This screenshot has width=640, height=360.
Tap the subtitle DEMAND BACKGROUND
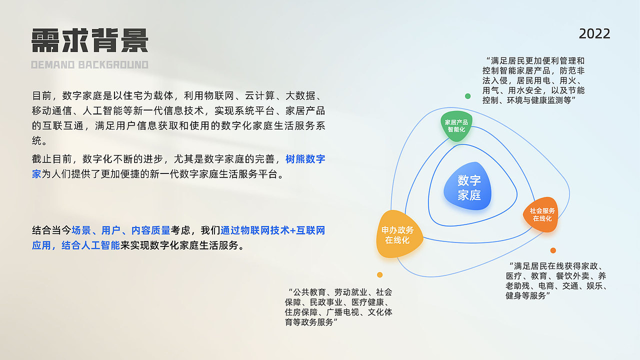point(90,65)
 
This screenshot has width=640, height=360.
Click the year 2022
point(594,34)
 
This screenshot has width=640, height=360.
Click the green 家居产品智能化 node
point(456,126)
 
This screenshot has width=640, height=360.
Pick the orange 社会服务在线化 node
point(542,214)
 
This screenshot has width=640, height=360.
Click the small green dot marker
point(467,96)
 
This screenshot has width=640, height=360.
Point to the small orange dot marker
point(553,250)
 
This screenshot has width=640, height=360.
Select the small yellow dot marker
point(379,274)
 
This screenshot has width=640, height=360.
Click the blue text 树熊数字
point(305,159)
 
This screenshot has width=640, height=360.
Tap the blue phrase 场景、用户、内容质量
point(121,230)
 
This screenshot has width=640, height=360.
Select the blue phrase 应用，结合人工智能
point(76,245)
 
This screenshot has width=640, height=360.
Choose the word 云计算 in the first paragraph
point(250,96)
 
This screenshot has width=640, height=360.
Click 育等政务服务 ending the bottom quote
point(308,322)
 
